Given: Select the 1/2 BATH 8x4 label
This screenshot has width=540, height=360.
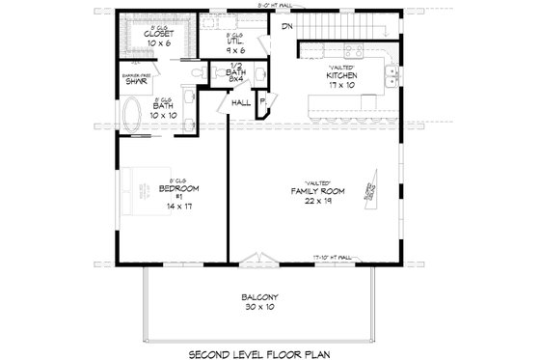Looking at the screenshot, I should click(x=235, y=73).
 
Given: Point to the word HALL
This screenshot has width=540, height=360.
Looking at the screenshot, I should click(x=240, y=100).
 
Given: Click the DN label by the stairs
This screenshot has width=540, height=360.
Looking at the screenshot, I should click(x=286, y=26).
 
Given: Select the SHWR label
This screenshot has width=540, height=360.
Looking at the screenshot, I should click(x=134, y=80).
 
